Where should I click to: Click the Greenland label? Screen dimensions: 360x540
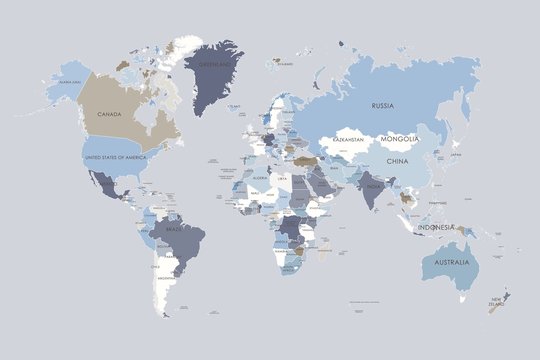[214, 63]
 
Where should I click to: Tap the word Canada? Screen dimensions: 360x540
[109, 114]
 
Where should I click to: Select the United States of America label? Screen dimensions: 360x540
[115, 157]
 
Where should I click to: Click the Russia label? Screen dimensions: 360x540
[382, 105]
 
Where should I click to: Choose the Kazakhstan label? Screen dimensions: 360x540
[345, 139]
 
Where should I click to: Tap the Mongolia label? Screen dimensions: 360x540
[399, 139]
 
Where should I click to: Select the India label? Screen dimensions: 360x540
[372, 186]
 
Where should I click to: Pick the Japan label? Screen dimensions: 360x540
[455, 156]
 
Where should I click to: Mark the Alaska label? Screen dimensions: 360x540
[68, 82]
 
